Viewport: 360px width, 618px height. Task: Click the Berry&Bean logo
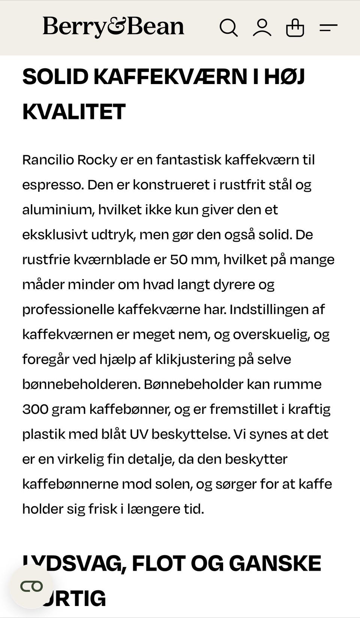pyautogui.click(x=113, y=27)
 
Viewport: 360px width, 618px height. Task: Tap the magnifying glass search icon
pyautogui.click(x=228, y=27)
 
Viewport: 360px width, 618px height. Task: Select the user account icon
pyautogui.click(x=262, y=27)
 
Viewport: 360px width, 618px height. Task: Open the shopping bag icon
pyautogui.click(x=295, y=27)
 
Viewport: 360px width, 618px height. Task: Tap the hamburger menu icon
pyautogui.click(x=328, y=27)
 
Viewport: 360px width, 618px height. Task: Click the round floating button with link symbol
pyautogui.click(x=31, y=586)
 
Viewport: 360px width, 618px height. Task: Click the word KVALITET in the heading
pyautogui.click(x=74, y=112)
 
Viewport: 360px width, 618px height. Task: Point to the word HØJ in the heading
pyautogui.click(x=284, y=77)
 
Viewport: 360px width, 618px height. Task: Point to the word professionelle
pyautogui.click(x=68, y=310)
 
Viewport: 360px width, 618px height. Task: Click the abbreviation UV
pyautogui.click(x=138, y=434)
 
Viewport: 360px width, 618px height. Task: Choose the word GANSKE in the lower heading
pyautogui.click(x=274, y=564)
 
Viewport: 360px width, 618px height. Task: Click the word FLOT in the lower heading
pyautogui.click(x=159, y=564)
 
